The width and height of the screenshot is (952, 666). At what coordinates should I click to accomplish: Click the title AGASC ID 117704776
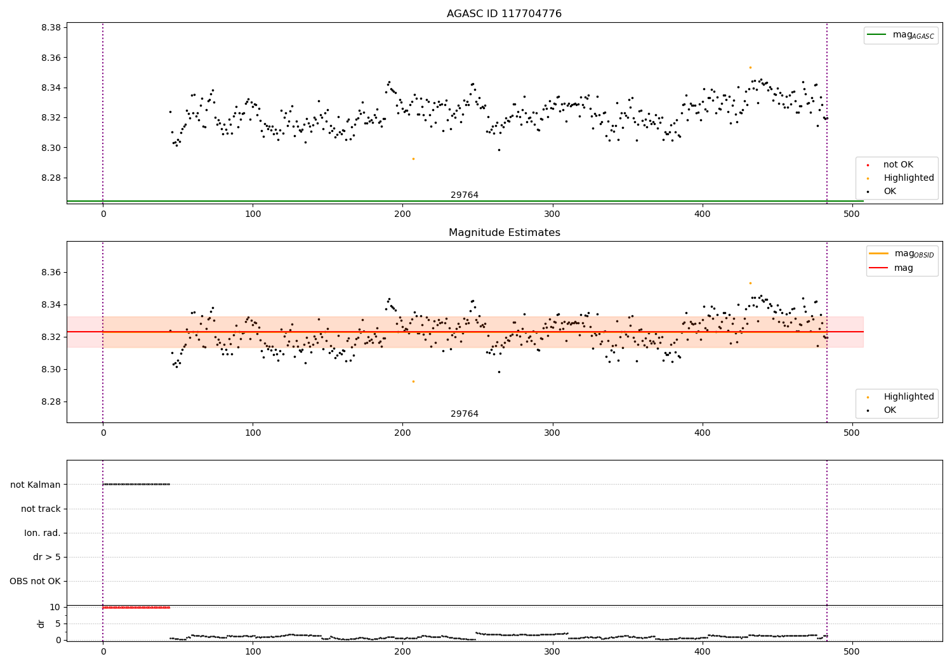504,14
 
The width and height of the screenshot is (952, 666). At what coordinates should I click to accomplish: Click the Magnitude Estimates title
504,233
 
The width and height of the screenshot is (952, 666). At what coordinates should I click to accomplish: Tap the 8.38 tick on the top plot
50,28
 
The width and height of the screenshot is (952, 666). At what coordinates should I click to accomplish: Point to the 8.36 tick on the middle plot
50,273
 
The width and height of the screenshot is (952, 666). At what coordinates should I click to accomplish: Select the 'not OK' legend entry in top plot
898,165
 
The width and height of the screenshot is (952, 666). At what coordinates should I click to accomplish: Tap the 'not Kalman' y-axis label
36,485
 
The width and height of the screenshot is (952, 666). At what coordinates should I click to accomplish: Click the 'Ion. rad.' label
43,533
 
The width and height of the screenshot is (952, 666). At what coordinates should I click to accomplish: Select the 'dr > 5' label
47,558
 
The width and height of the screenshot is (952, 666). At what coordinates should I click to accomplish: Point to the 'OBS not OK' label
36,582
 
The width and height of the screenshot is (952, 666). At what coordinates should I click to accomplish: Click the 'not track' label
41,509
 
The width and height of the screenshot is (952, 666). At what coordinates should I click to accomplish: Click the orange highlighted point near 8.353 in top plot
750,67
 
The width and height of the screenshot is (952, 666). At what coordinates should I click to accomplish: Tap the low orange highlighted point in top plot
413,159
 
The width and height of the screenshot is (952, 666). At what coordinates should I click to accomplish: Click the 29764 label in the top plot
465,195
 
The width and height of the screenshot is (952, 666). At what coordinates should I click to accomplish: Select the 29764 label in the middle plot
465,414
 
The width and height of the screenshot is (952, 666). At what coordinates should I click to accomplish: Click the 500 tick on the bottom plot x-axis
852,651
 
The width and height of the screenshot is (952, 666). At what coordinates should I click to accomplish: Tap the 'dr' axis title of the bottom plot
41,624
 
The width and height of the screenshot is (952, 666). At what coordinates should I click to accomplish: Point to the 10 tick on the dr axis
55,608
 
